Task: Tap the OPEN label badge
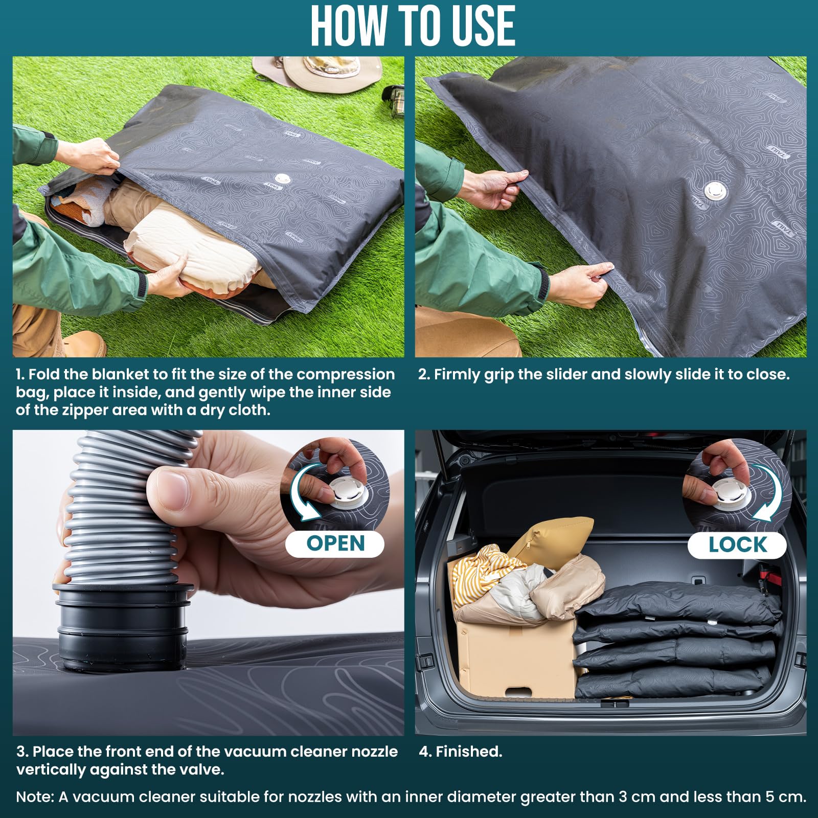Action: (335, 543)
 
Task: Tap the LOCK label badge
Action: (737, 545)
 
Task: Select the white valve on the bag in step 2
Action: (714, 191)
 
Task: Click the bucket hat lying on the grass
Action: (317, 72)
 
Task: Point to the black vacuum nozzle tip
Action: (123, 629)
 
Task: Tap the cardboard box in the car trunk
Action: (511, 660)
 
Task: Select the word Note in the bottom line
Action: (34, 797)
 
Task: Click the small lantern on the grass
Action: (394, 100)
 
